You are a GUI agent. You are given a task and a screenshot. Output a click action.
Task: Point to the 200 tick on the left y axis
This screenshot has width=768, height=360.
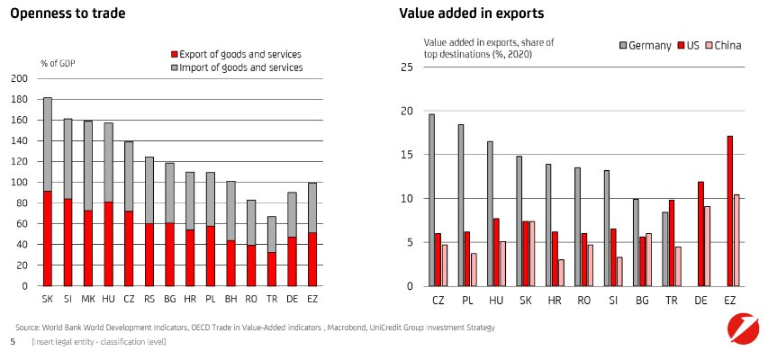pos(20,78)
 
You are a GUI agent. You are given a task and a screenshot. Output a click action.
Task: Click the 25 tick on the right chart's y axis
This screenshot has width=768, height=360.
pos(406,67)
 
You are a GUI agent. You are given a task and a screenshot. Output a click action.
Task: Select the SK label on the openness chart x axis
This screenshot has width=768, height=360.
pos(47,297)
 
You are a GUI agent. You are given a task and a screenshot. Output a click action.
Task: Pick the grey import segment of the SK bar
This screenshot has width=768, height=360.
pos(47,144)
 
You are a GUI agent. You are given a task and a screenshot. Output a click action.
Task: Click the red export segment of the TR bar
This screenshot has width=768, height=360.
pos(271,269)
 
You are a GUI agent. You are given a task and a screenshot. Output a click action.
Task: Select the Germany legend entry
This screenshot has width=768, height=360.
pos(645,45)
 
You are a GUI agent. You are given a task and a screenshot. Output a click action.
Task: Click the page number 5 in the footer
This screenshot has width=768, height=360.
pos(13,343)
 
